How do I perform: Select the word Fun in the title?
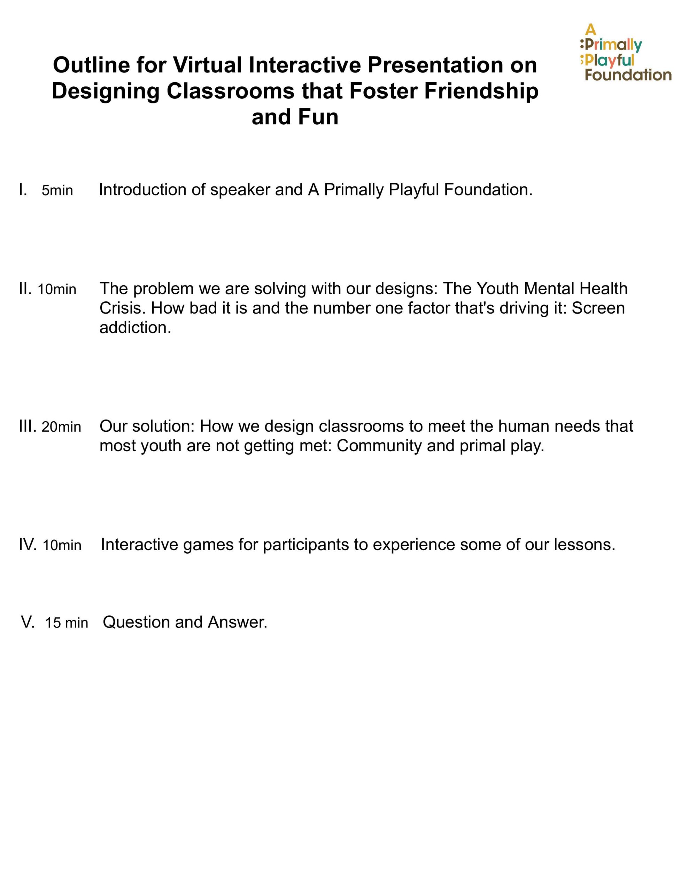tap(318, 117)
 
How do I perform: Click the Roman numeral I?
tap(23, 190)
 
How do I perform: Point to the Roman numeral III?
tap(28, 426)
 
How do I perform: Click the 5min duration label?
tap(57, 190)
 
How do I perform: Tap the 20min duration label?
tap(61, 427)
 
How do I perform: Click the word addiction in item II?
tap(135, 328)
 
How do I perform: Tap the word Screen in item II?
tap(598, 308)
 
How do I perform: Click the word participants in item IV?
tap(306, 545)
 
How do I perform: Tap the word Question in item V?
tap(136, 622)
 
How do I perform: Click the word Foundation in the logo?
tap(628, 75)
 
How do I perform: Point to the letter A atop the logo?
tap(590, 30)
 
